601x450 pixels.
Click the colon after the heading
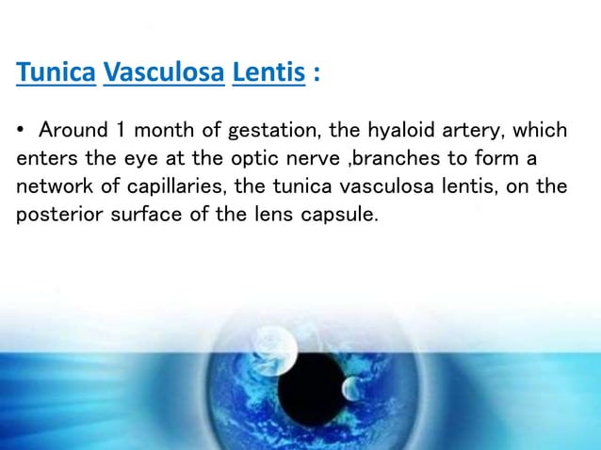coord(317,74)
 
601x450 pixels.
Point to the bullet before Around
coord(22,128)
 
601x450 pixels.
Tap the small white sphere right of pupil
coord(350,386)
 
